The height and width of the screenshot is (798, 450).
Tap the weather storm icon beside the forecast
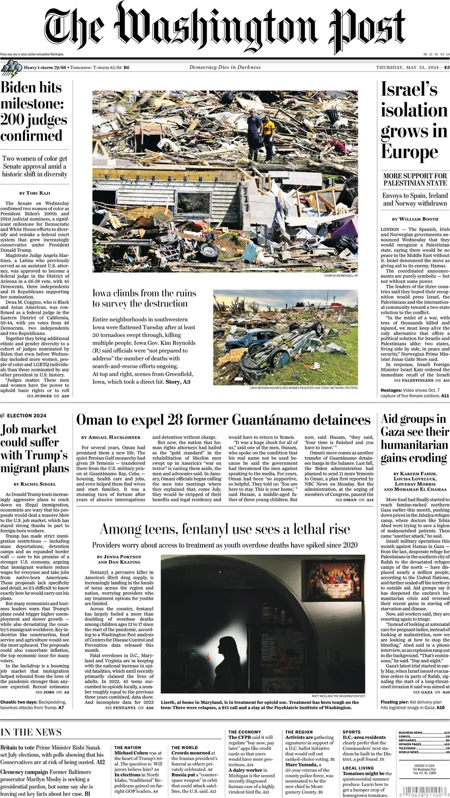click(10, 67)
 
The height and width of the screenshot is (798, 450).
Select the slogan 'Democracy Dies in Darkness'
click(224, 67)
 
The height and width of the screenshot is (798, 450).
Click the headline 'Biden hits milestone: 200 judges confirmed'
click(33, 111)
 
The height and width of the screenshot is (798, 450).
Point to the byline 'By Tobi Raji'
click(35, 193)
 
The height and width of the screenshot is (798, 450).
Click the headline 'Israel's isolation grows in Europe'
click(413, 121)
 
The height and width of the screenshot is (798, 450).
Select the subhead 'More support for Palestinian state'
click(415, 179)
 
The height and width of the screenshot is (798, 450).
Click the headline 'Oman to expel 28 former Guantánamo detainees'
click(223, 420)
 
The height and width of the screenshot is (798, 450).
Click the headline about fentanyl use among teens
click(225, 529)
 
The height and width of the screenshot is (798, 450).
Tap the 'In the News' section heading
click(31, 732)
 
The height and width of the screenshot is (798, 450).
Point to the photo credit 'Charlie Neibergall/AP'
click(341, 276)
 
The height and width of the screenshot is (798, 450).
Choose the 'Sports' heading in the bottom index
click(351, 732)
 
